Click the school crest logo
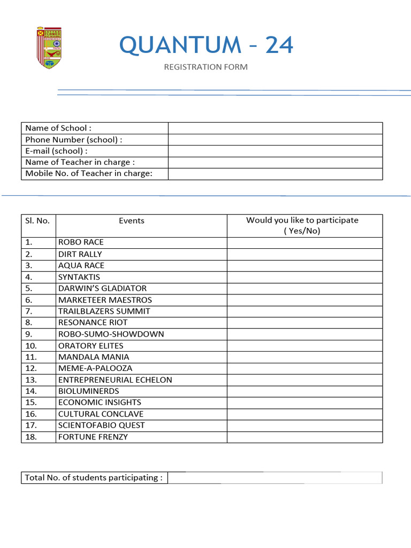49,47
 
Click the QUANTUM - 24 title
207,45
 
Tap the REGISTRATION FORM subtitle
206,67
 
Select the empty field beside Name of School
275,128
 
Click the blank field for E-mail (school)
275,151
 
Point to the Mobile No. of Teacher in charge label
89,173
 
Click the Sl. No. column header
37,220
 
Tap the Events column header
132,220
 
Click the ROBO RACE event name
81,242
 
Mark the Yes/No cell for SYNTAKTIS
305,277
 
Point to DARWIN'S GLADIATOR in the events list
102,288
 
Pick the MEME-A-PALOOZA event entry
95,368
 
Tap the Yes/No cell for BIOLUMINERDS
305,391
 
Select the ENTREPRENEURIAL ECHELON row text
115,380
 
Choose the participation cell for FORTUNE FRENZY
305,437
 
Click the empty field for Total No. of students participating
275,478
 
